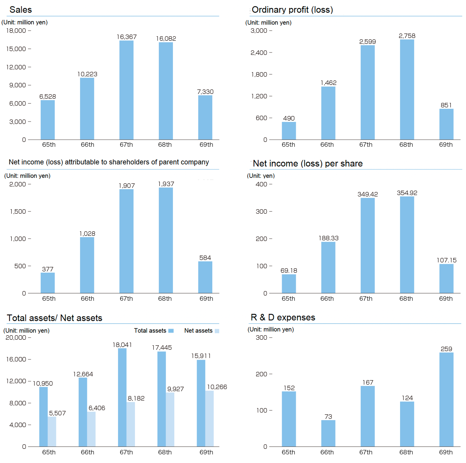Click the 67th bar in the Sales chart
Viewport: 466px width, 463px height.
click(x=126, y=90)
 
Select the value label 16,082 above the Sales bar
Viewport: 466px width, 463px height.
click(x=166, y=39)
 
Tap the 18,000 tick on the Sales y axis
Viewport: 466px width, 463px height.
click(x=16, y=31)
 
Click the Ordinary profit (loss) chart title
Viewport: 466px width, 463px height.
click(x=292, y=10)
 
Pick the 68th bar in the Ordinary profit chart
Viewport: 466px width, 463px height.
click(x=407, y=90)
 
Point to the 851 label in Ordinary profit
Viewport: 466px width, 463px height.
click(x=446, y=105)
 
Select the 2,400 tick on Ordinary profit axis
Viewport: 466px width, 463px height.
click(x=259, y=53)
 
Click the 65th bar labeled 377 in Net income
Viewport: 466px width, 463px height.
click(x=48, y=283)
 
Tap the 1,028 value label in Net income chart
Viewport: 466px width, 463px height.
click(x=87, y=234)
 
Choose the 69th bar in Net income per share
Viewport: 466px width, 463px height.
click(x=446, y=278)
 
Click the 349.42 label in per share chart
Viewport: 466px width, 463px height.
click(x=368, y=194)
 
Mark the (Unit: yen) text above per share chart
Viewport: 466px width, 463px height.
click(x=261, y=176)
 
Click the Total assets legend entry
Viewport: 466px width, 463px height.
click(x=154, y=331)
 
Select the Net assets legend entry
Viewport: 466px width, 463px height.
click(x=202, y=331)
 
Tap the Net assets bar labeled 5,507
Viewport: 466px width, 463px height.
click(x=52, y=432)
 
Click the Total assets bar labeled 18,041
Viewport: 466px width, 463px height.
click(x=122, y=397)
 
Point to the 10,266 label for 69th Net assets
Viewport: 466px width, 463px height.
click(x=217, y=387)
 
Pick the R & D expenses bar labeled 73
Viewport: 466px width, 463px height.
click(x=328, y=433)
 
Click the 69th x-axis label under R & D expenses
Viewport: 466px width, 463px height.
click(x=446, y=452)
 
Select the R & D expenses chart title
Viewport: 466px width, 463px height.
click(x=283, y=317)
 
